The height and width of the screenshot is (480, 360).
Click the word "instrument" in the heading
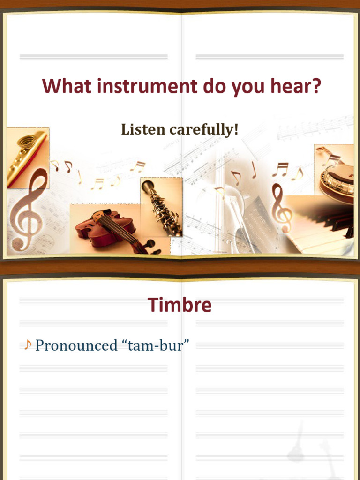(149, 87)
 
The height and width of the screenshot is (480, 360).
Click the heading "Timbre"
(180, 305)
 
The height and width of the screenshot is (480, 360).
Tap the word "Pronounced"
(76, 345)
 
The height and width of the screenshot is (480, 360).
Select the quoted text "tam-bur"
(156, 345)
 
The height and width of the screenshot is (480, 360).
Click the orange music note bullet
(28, 345)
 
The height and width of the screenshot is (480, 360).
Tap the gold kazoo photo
(27, 157)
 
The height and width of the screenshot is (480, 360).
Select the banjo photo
(335, 173)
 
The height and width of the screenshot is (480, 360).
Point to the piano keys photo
(323, 225)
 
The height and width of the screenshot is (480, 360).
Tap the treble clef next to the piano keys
(281, 209)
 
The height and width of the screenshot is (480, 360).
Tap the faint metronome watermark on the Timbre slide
(300, 445)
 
